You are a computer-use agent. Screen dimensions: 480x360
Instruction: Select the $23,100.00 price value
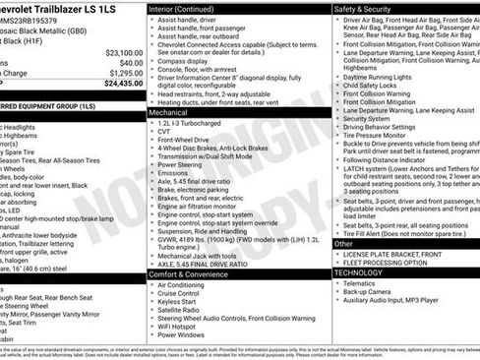tap(124, 52)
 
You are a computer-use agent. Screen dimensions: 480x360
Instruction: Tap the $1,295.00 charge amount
tap(126, 73)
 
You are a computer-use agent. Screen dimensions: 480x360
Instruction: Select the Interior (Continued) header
tap(188, 8)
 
